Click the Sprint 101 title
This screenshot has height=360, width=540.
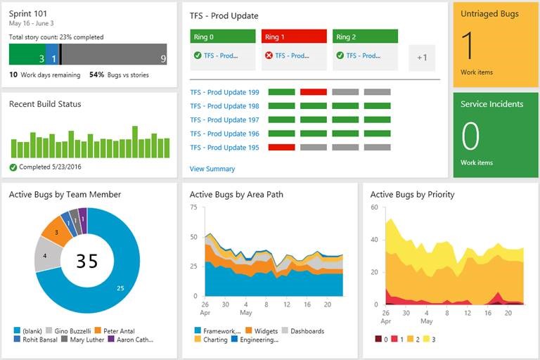point(27,13)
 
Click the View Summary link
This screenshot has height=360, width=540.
point(212,169)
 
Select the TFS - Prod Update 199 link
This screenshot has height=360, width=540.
point(224,92)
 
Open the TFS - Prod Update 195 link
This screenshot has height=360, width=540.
point(224,148)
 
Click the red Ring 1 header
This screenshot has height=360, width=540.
point(294,37)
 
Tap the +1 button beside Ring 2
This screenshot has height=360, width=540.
point(422,58)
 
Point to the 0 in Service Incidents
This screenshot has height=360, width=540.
point(470,135)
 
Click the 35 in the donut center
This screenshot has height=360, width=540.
point(87,261)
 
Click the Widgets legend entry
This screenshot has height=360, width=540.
point(265,330)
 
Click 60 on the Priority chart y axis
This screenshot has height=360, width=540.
point(375,207)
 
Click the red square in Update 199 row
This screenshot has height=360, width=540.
point(313,92)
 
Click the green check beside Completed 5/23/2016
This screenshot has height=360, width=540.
point(13,167)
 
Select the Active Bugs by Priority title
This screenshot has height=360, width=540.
point(412,194)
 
